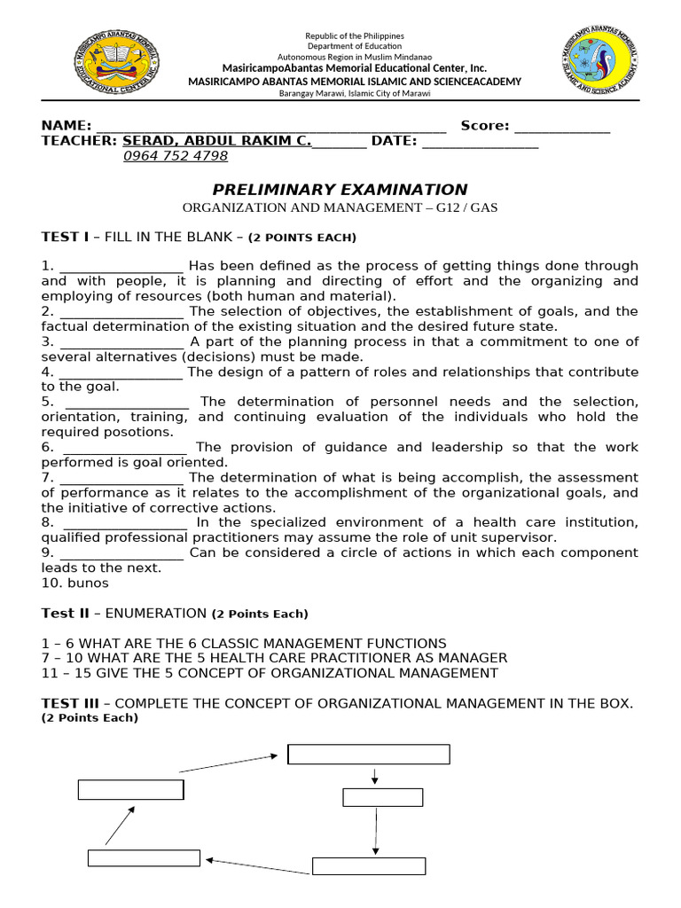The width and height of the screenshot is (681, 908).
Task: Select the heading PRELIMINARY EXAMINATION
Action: point(340,189)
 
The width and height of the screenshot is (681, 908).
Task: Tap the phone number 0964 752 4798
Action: point(175,156)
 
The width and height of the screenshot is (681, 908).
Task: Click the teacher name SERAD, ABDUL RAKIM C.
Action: point(217,140)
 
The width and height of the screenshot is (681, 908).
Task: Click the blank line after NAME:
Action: point(270,127)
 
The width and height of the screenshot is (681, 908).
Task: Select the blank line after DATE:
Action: point(480,142)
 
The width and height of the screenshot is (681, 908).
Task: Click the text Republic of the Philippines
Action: point(354,35)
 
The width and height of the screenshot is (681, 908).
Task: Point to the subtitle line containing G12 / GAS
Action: point(340,207)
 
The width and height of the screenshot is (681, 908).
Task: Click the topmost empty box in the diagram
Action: point(368,754)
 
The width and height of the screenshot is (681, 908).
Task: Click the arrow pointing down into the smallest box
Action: point(376,776)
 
